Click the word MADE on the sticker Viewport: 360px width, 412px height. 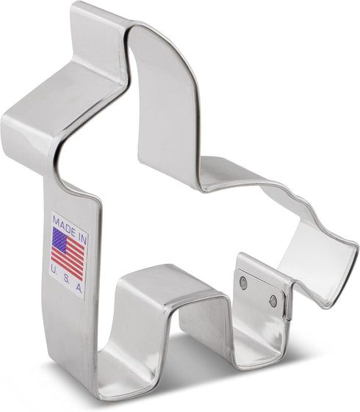coord(64,225)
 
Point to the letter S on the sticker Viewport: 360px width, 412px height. coord(66,280)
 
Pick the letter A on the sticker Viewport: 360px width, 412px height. coord(79,288)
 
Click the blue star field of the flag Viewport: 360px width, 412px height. coord(60,239)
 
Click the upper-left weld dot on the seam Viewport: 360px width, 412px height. coord(244,283)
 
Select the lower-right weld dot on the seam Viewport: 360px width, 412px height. coord(273,301)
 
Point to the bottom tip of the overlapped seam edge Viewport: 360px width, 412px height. coord(287,319)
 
